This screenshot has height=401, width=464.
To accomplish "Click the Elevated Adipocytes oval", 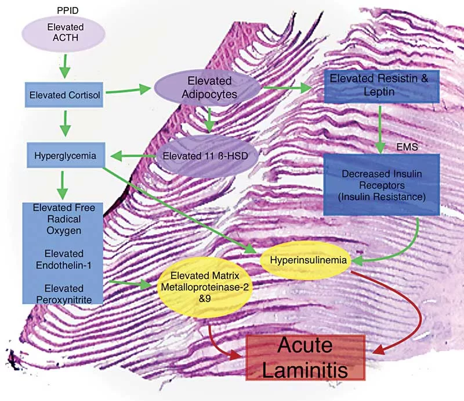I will (209, 89).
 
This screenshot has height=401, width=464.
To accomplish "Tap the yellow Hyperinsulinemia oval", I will (304, 261).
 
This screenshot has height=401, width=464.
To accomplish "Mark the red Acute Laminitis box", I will (305, 356).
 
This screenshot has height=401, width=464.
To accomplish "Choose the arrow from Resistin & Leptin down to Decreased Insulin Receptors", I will (380, 126).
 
